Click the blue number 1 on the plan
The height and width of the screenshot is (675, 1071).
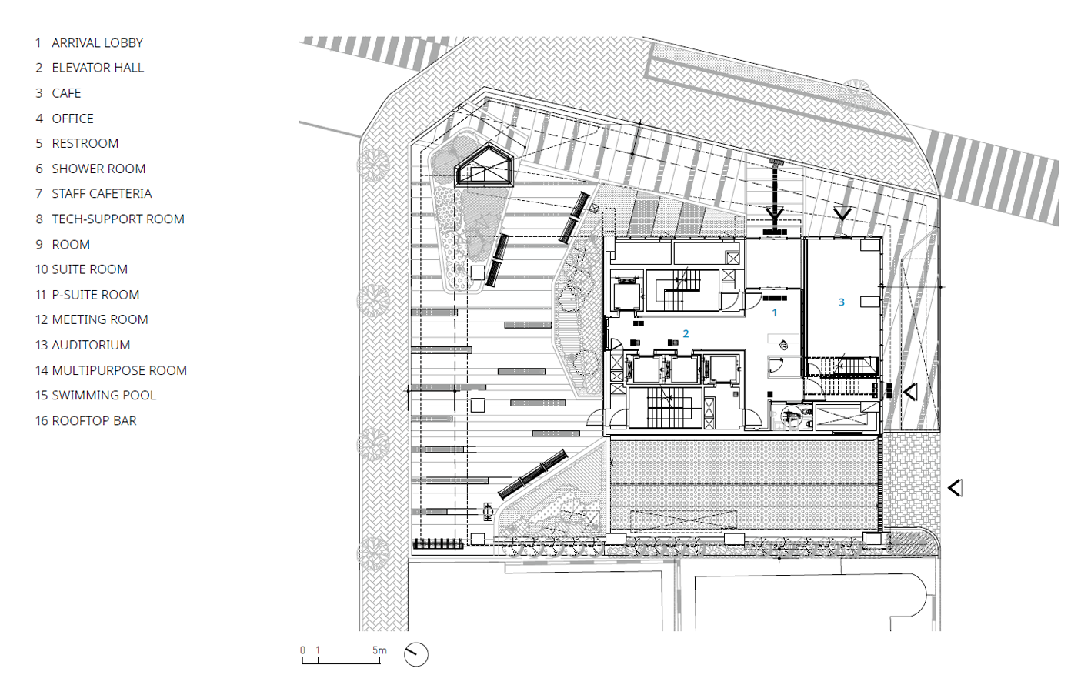775,312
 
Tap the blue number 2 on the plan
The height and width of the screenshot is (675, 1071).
686,334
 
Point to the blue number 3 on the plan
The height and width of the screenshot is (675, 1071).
842,302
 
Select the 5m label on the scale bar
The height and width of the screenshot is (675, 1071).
379,650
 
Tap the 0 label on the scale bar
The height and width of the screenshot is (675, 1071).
302,650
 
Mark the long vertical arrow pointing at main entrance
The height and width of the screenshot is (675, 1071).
775,196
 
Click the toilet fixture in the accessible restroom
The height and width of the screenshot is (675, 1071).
791,416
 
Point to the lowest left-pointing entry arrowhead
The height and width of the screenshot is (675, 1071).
955,488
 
